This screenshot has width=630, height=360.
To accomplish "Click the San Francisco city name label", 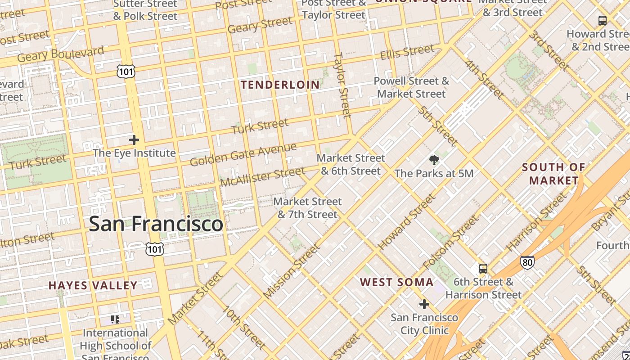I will point(156,224).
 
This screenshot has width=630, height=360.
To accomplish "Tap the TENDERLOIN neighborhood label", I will point(280,85).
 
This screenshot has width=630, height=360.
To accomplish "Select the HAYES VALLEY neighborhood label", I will point(93,285).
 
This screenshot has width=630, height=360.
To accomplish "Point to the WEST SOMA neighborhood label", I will point(397,282).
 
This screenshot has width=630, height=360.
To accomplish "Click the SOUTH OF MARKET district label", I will point(553,174).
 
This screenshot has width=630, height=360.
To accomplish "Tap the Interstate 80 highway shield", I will point(527,262).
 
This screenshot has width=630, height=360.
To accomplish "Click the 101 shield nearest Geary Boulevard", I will point(126,71).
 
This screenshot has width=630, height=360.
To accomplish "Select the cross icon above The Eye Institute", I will point(134,140).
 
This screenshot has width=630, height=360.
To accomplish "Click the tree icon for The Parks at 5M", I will point(434,160).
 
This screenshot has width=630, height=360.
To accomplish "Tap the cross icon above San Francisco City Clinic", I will point(424,304).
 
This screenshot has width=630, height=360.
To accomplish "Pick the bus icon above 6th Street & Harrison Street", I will point(483,269).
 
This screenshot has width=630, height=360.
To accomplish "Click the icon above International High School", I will point(115,319).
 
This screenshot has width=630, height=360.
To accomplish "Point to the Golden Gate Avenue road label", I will point(243,154).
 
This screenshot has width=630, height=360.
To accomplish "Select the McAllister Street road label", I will point(262,177).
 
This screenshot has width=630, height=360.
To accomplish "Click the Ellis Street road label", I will point(407,53).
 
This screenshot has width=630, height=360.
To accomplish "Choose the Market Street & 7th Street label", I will point(308,208).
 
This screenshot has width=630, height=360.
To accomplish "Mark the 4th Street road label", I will point(484,79).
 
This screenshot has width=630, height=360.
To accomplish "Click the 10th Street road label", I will point(243,328).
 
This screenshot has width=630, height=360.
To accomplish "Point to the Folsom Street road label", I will point(450,243).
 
